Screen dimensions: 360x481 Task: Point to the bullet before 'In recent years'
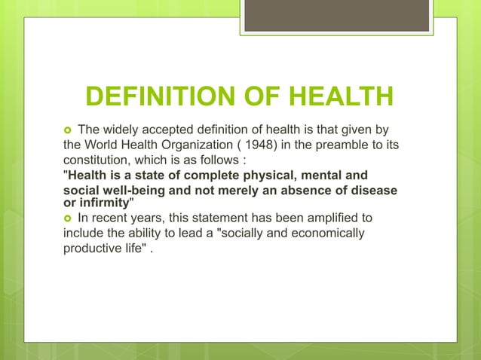pos(69,218)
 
